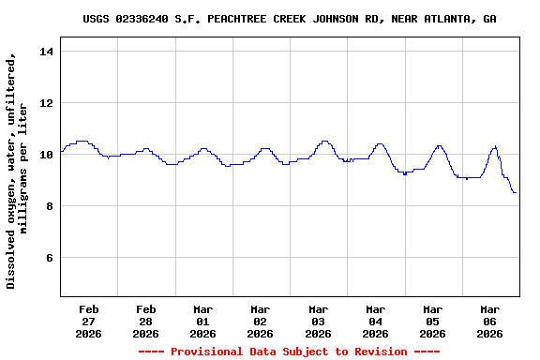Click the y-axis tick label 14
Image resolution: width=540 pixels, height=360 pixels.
tap(46, 51)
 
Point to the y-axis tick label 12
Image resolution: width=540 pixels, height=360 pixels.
tap(46, 102)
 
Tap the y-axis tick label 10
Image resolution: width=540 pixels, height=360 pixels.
tap(46, 154)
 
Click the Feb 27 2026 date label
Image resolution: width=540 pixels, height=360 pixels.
tap(89, 321)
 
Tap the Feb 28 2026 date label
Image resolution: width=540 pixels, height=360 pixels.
tap(146, 321)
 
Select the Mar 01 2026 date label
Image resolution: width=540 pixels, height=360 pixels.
tap(203, 321)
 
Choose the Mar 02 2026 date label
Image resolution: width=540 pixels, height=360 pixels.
tap(261, 321)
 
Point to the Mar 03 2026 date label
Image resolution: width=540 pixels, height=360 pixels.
tap(318, 321)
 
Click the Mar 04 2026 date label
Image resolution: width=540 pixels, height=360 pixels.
tap(375, 321)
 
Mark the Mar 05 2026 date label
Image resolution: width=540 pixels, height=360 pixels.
tap(432, 321)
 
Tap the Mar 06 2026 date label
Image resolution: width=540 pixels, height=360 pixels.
tap(489, 321)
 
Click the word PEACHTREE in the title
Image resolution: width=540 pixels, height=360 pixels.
tap(237, 19)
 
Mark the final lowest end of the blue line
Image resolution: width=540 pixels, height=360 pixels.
tap(515, 192)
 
